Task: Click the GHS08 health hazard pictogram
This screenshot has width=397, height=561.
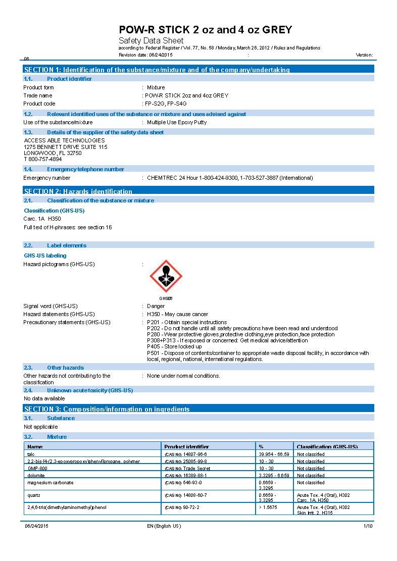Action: pyautogui.click(x=166, y=277)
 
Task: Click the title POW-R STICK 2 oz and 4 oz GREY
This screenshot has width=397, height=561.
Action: pyautogui.click(x=205, y=30)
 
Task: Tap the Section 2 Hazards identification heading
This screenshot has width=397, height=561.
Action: pyautogui.click(x=78, y=191)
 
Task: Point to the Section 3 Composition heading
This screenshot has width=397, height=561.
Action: pyautogui.click(x=107, y=409)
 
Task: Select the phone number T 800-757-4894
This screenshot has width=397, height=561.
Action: pyautogui.click(x=43, y=159)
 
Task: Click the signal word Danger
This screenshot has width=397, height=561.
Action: pyautogui.click(x=156, y=306)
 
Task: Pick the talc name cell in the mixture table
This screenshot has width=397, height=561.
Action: pyautogui.click(x=31, y=454)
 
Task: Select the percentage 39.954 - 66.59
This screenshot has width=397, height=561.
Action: pyautogui.click(x=274, y=454)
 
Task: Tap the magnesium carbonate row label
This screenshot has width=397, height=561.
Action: pyautogui.click(x=51, y=483)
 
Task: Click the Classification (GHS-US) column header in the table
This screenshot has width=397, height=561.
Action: pyautogui.click(x=327, y=447)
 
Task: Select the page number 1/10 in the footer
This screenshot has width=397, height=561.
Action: pyautogui.click(x=368, y=526)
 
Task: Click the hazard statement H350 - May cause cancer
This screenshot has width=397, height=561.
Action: pyautogui.click(x=174, y=314)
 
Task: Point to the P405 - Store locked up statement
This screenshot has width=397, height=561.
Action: pyautogui.click(x=174, y=346)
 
